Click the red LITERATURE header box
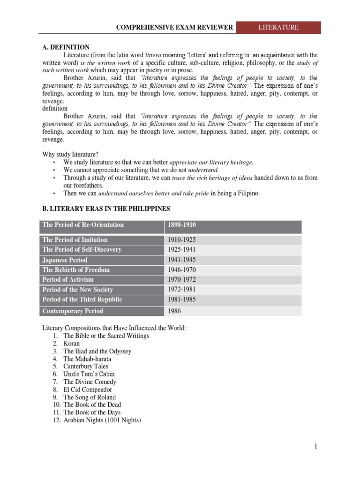coord(278,28)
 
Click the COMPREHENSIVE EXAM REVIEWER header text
coord(174,28)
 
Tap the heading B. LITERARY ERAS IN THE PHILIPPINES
coord(106,208)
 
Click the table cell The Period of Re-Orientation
coord(83,225)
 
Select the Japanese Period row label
coord(65,260)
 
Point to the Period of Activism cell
coord(68,279)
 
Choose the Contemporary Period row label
coord(73,311)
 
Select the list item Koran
coord(72,344)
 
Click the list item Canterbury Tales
coord(86,367)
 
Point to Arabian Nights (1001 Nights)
coord(102,420)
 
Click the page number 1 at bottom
coord(316,447)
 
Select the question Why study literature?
coord(71,155)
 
